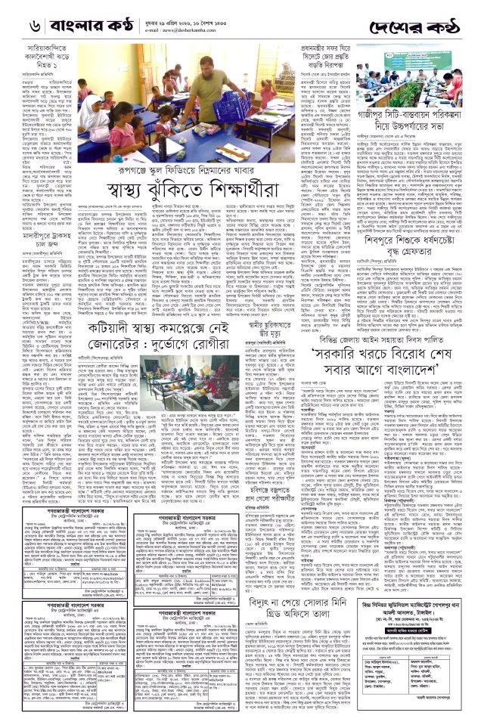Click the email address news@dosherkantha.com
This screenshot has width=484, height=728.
(243, 22)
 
